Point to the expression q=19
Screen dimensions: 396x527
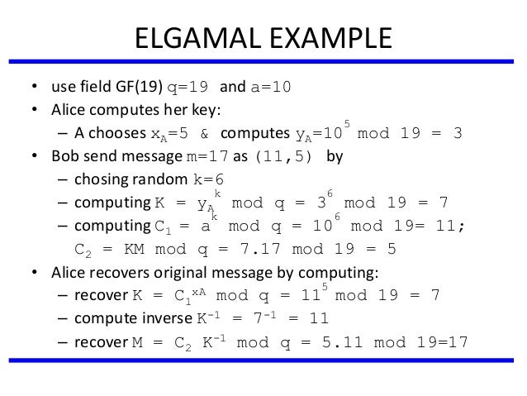189,88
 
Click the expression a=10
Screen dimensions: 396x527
267,88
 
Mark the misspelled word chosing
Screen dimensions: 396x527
99,180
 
